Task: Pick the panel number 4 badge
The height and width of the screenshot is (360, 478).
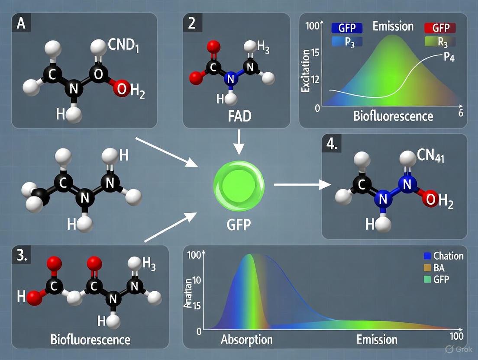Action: [x=332, y=144]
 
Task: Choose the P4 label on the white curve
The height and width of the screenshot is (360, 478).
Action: [x=451, y=58]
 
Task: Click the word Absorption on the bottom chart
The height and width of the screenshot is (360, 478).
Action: [x=247, y=339]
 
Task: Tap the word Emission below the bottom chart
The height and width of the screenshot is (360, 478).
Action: [x=377, y=339]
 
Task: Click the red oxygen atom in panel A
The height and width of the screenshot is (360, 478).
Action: [x=122, y=89]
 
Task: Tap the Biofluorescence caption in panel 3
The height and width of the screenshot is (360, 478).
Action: [x=90, y=339]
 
